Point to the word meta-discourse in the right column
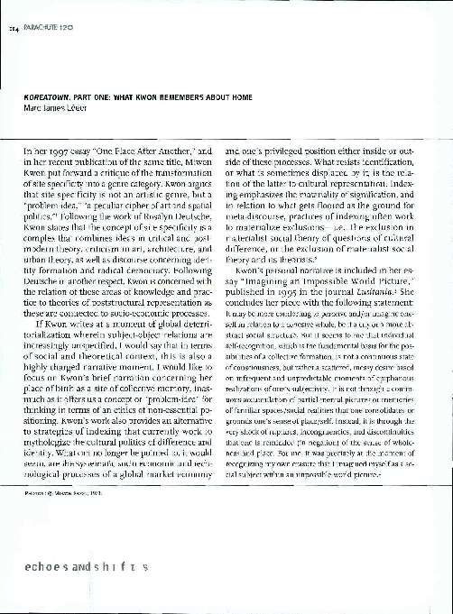[258, 217]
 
